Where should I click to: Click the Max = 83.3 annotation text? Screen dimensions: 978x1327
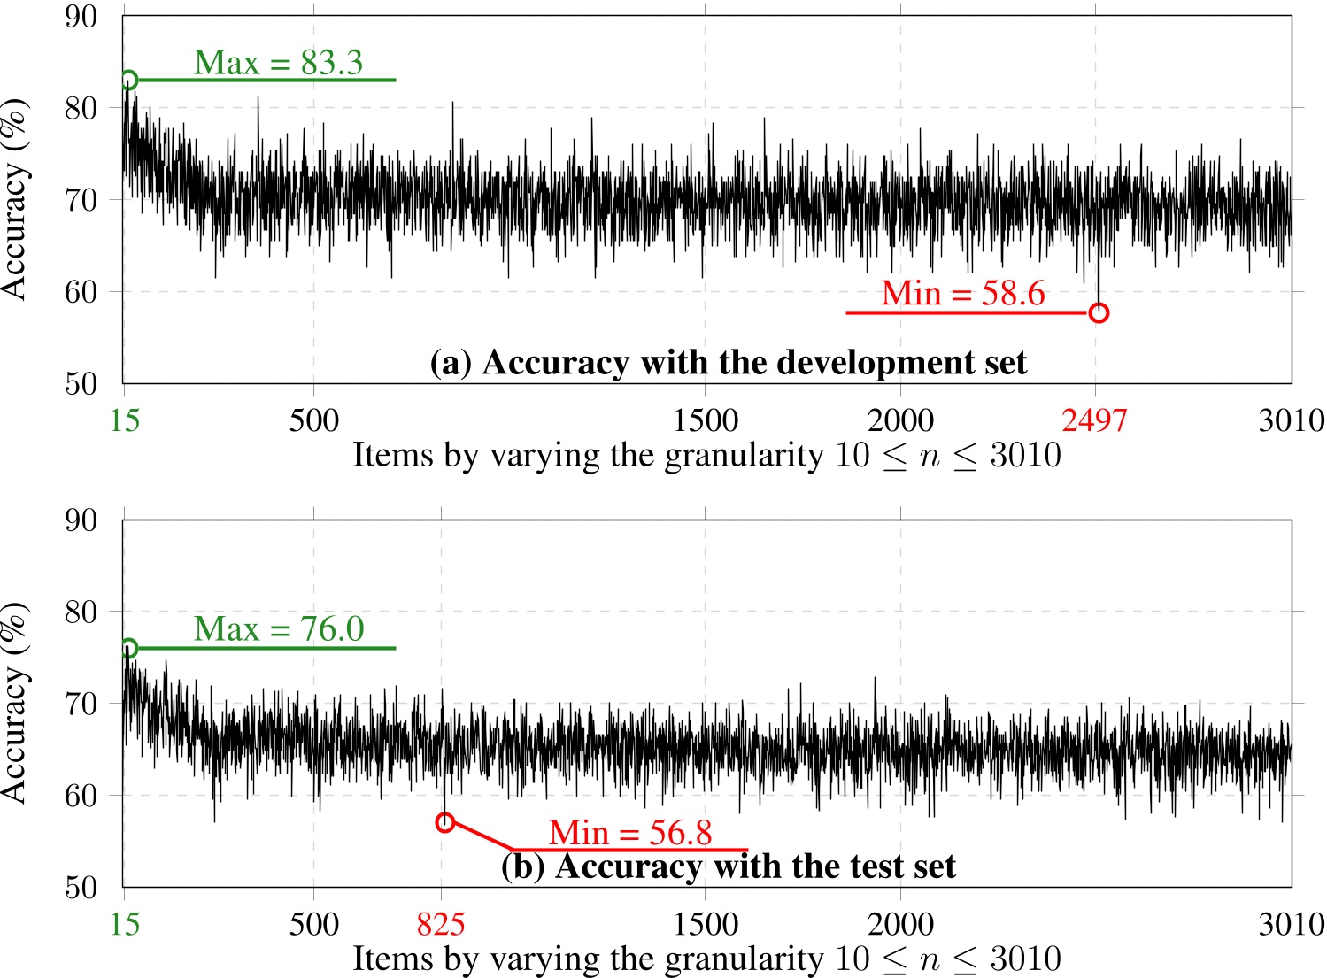click(x=278, y=63)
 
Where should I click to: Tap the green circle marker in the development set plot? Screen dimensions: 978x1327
click(x=128, y=80)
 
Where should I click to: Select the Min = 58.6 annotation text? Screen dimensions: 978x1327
click(x=963, y=293)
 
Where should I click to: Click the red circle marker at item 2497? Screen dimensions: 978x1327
click(x=1099, y=312)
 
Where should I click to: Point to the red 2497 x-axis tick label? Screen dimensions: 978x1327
click(x=1095, y=420)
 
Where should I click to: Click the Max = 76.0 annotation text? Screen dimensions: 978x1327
click(x=279, y=629)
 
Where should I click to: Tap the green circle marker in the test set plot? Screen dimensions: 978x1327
click(x=128, y=648)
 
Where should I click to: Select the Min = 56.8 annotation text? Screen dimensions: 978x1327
click(x=630, y=833)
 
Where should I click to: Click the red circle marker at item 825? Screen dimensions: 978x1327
click(x=444, y=822)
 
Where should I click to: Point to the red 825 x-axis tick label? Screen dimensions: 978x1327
click(x=441, y=924)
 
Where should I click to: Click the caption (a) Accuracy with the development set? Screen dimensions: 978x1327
click(x=729, y=363)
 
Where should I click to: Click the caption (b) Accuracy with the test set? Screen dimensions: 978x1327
click(x=729, y=866)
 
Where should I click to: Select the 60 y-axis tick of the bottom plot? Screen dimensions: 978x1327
click(x=81, y=795)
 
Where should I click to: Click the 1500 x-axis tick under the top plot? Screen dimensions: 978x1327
click(x=706, y=420)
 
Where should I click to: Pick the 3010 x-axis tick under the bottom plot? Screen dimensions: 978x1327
click(x=1292, y=924)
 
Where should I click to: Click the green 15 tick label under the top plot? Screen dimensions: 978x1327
click(x=125, y=420)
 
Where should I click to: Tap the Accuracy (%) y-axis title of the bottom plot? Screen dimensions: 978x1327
click(x=15, y=703)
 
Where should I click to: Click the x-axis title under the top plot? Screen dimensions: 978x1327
click(x=706, y=456)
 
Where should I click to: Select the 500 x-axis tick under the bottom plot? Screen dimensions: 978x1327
click(x=314, y=924)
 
